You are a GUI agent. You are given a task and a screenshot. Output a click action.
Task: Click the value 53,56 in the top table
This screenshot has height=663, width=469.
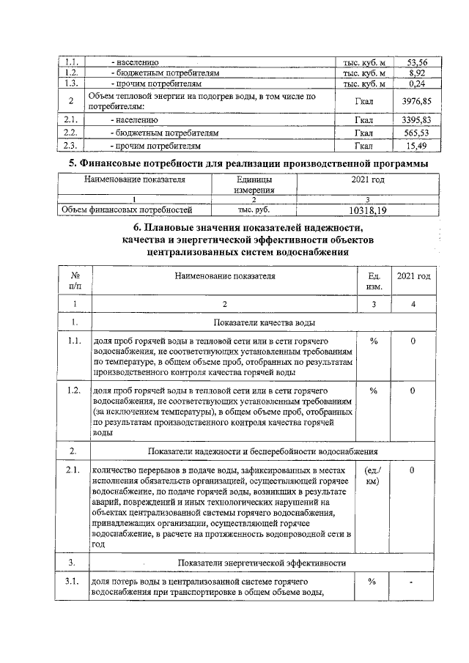tap(417, 63)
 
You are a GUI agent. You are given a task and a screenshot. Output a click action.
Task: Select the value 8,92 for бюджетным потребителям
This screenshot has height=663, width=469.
tap(417, 74)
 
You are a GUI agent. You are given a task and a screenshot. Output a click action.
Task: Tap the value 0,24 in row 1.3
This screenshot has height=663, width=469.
tap(417, 84)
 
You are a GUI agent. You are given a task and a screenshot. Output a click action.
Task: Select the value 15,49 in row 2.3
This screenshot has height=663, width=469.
tap(416, 145)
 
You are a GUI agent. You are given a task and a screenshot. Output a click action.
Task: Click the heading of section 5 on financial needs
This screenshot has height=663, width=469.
tap(234, 163)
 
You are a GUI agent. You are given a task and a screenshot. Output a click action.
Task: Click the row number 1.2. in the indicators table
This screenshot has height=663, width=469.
tap(73, 390)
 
